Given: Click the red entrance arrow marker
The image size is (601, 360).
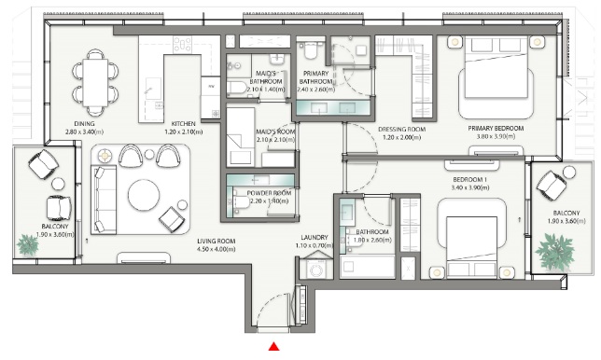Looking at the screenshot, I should [x=274, y=348].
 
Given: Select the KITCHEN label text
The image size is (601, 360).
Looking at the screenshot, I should [x=183, y=121].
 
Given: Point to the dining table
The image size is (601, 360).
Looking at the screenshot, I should [x=96, y=79].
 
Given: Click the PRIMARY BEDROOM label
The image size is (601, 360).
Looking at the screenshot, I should [x=496, y=127].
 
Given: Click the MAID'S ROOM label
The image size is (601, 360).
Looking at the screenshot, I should [x=248, y=132].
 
